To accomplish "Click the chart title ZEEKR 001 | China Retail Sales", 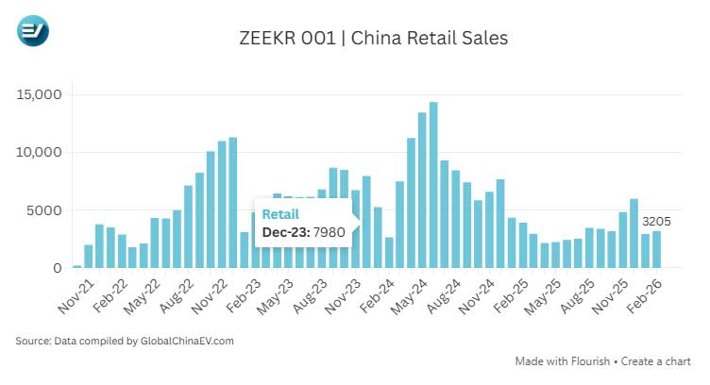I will point(374,39).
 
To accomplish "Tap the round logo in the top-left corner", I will point(33,31).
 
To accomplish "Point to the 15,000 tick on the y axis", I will point(39,94).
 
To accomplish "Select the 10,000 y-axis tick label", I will point(39,152).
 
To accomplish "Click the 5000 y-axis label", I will point(43,210).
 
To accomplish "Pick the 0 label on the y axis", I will point(57,268).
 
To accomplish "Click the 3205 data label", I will point(657,222).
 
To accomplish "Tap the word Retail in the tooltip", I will point(279,213).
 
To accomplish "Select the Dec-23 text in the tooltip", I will point(282,231).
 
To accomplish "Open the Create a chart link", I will point(658,361).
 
